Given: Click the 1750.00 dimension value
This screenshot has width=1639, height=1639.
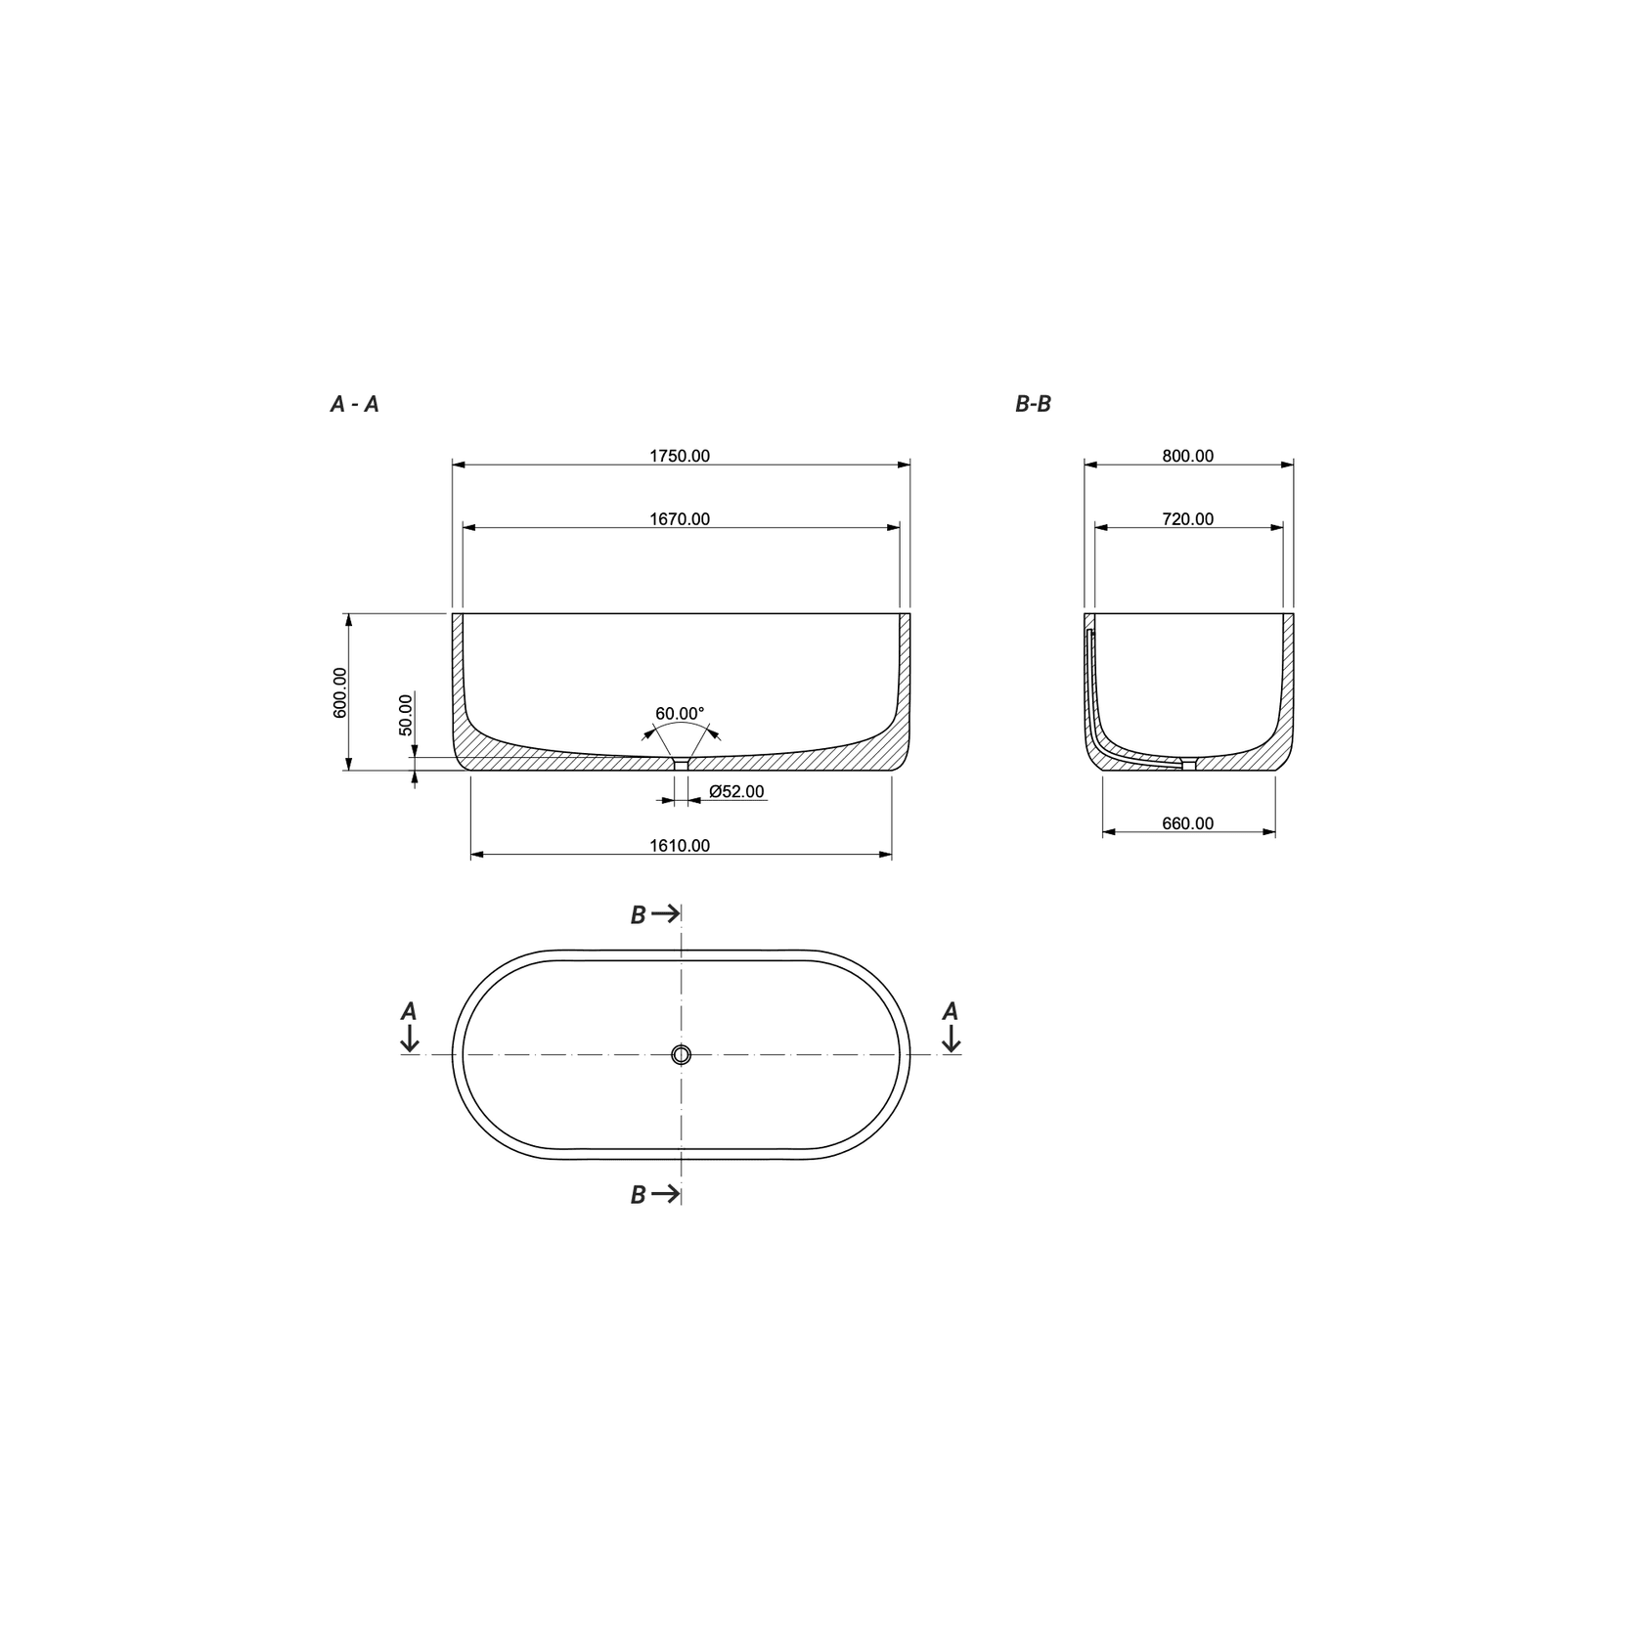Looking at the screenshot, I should (x=680, y=456).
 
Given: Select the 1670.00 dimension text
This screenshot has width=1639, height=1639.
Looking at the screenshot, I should (x=680, y=519).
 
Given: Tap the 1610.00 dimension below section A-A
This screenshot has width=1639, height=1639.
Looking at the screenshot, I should (x=680, y=846).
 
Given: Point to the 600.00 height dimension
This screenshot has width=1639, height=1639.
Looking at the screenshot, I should (x=340, y=692).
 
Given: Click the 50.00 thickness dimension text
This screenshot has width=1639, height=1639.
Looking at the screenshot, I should (x=406, y=715).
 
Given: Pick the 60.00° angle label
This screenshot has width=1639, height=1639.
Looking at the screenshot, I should (x=680, y=714).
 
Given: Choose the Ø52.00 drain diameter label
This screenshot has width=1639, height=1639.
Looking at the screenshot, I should (x=736, y=791).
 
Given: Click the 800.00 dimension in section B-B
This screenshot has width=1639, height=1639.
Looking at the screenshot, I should (x=1188, y=456).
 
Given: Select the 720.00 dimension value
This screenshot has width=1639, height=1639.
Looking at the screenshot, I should (x=1188, y=519).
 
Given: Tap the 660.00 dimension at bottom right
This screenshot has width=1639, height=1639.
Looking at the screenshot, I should (x=1188, y=823).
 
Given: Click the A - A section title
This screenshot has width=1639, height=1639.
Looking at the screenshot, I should (x=354, y=404).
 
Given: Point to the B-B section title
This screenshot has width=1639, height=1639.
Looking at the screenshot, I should (x=1033, y=404).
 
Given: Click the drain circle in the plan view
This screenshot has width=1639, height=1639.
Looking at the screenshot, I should (x=682, y=1054).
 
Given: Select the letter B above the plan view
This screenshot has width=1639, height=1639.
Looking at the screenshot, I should (x=638, y=915).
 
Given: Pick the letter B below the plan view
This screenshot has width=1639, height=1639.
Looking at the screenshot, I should (x=638, y=1195).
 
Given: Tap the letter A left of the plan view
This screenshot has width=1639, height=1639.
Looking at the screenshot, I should (x=410, y=1011).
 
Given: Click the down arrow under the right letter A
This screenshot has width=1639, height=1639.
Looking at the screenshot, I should (x=951, y=1040).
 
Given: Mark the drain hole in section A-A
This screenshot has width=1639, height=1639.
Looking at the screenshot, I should (x=682, y=765).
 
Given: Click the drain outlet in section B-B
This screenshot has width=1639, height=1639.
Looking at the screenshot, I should (x=1189, y=765).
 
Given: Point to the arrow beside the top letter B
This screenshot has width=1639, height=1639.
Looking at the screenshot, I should (x=666, y=913).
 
